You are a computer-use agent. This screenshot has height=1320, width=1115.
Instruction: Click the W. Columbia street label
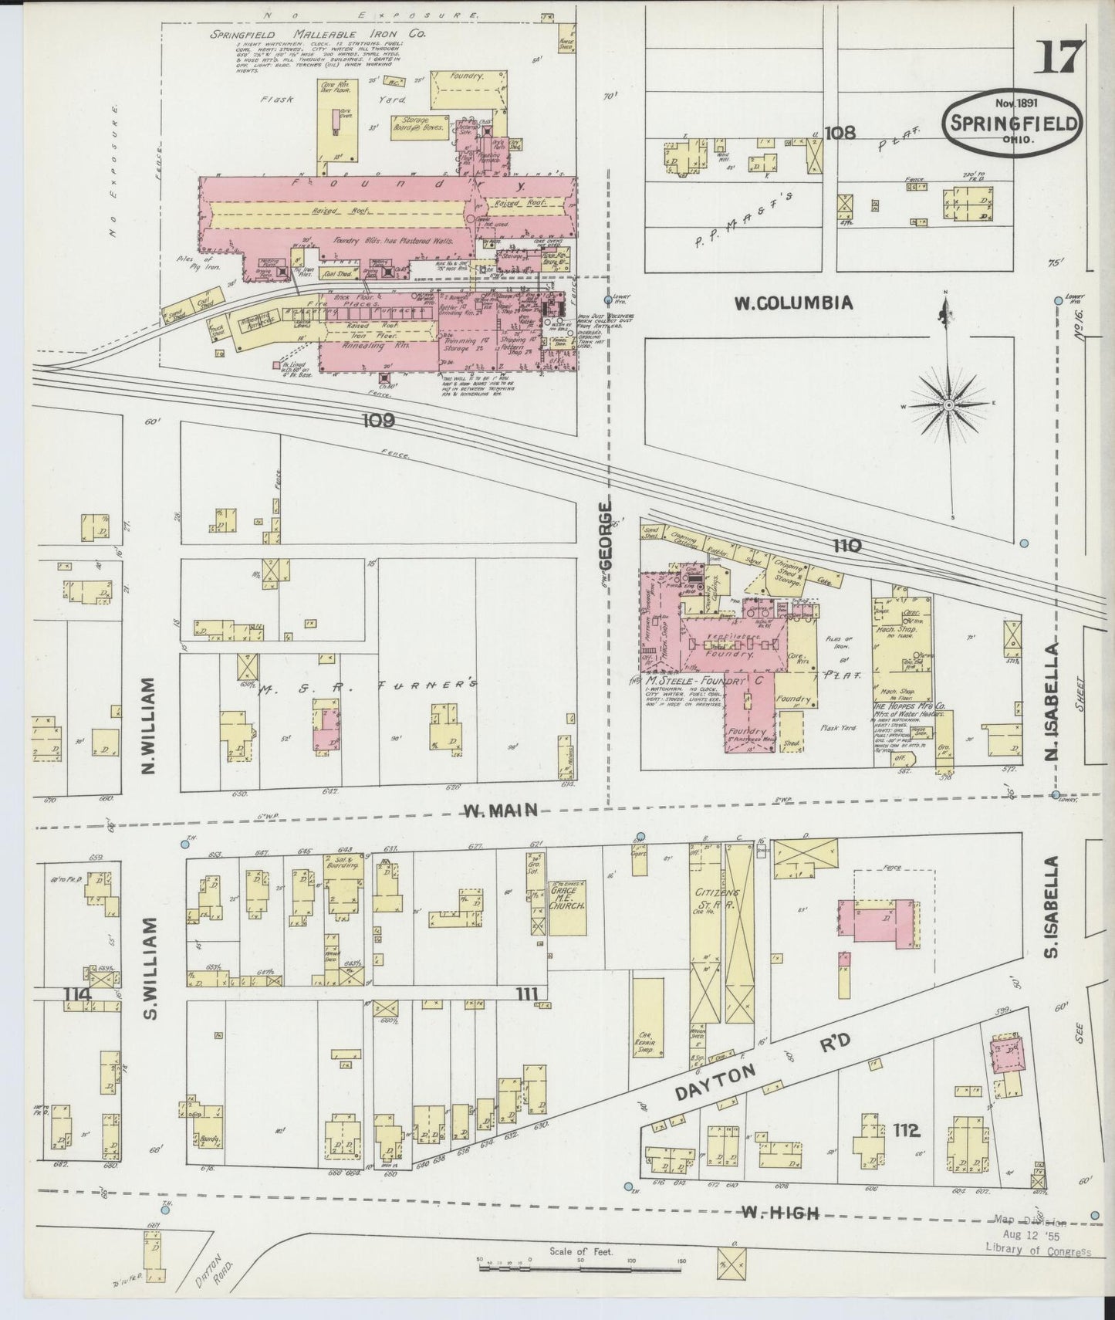(793, 303)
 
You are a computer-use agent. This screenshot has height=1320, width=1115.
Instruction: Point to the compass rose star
(948, 404)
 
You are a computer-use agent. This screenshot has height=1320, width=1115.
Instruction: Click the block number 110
(846, 547)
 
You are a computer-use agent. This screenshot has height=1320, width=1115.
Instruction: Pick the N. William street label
(150, 725)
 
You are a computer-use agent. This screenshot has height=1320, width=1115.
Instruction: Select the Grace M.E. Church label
(569, 895)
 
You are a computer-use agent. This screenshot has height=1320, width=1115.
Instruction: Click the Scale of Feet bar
(580, 1267)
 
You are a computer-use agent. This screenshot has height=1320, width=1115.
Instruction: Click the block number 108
(840, 132)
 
